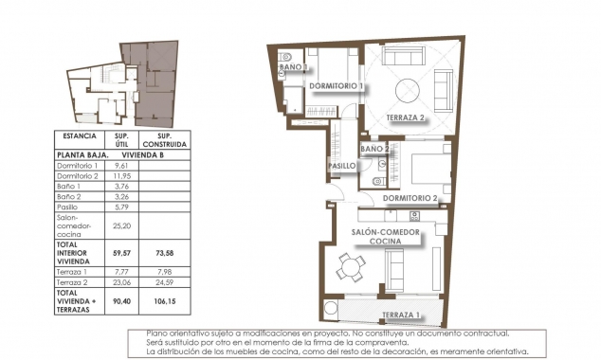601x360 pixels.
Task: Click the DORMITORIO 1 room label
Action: click(x=337, y=86)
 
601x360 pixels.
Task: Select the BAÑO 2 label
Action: click(x=375, y=150)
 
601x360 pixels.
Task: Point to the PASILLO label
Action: click(x=341, y=166)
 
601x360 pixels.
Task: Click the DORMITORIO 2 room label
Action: click(x=410, y=198)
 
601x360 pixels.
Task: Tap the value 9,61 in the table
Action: click(x=120, y=165)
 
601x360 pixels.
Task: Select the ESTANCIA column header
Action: click(x=76, y=135)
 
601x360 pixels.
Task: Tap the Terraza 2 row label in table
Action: click(x=74, y=282)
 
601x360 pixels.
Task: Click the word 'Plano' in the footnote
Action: click(x=158, y=333)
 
